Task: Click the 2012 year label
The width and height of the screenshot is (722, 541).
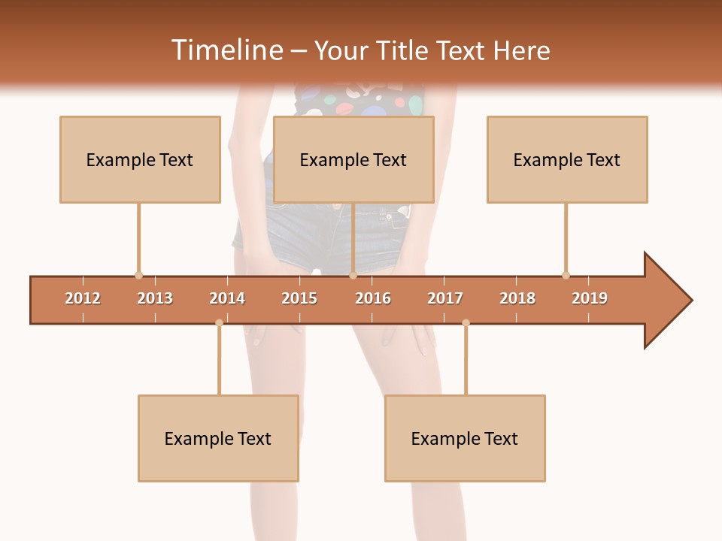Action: (x=83, y=298)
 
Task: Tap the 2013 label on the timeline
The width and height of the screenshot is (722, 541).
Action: (x=155, y=298)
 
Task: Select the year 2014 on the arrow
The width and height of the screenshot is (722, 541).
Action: (x=227, y=298)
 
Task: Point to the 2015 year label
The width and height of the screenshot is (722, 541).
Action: (x=299, y=298)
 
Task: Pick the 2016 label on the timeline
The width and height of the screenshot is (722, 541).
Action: (x=373, y=298)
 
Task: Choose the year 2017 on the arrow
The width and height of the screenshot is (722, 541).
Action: (x=445, y=298)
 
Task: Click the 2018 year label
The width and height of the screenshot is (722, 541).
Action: (x=517, y=298)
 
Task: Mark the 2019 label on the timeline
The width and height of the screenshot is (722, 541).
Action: (x=590, y=298)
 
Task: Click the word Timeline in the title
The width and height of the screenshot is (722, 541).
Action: (x=226, y=50)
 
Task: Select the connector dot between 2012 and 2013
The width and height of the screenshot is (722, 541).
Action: (x=138, y=275)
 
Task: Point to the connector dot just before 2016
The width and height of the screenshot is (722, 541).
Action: (x=353, y=275)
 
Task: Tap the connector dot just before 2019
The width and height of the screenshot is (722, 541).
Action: (x=566, y=275)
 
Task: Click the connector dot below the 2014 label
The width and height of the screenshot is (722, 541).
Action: (x=219, y=323)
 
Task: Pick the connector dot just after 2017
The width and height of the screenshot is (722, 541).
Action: (x=466, y=323)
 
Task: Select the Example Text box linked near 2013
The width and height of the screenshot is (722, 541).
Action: (x=140, y=159)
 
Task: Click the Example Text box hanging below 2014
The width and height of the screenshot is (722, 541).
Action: (x=218, y=438)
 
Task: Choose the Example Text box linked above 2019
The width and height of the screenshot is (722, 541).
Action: (x=567, y=159)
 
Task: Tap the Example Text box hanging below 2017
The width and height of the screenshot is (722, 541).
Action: (x=465, y=438)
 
